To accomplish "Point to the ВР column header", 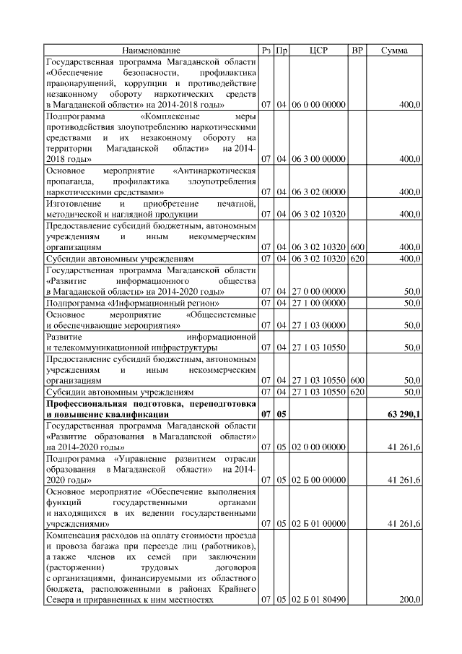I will [x=357, y=51].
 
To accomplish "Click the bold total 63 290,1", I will [x=404, y=415].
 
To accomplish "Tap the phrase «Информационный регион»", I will [x=180, y=302].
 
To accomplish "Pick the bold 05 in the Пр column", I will [x=282, y=415].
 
